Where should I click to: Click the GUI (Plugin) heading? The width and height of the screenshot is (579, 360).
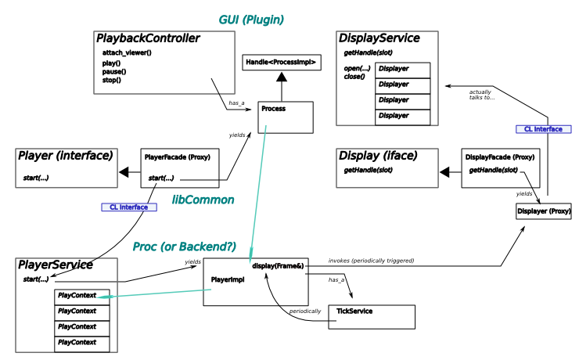[x=250, y=20]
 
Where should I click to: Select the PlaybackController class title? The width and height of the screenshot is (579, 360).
[x=149, y=38]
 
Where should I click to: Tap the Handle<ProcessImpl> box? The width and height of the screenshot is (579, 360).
[x=281, y=62]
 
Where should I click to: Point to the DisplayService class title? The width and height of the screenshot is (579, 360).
[x=379, y=38]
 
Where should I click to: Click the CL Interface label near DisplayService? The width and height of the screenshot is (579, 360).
[x=544, y=128]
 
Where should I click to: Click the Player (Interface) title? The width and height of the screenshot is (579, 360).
[x=65, y=156]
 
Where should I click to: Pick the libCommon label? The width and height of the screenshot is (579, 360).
[x=203, y=200]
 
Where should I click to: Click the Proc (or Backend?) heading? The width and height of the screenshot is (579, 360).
[x=184, y=247]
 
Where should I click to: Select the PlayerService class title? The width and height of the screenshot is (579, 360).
[x=55, y=265]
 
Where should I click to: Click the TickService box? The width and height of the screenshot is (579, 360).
[x=371, y=316]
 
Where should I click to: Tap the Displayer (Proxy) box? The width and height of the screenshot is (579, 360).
[x=543, y=212]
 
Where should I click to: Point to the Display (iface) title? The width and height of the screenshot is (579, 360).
[x=378, y=155]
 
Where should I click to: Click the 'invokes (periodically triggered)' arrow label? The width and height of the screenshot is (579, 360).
[x=371, y=260]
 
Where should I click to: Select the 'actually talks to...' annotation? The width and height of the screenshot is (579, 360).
[x=481, y=94]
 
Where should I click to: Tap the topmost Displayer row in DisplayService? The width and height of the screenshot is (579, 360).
[x=402, y=69]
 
